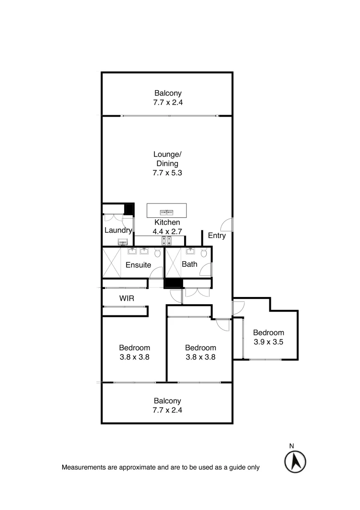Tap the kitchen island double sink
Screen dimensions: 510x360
pos(167,212)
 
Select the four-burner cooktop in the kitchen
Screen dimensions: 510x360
pos(167,241)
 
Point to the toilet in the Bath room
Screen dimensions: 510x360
pos(204,252)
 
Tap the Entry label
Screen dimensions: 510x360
pos(217,236)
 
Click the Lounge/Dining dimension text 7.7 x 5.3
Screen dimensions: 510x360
pos(167,173)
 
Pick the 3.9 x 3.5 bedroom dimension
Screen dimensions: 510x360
pos(268,342)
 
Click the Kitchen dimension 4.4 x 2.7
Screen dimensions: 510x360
pos(167,231)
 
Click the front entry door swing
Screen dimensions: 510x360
pos(227,225)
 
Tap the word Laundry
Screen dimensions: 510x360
pos(117,230)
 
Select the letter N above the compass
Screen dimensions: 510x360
pos(292,445)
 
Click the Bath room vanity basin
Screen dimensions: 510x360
pos(190,251)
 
